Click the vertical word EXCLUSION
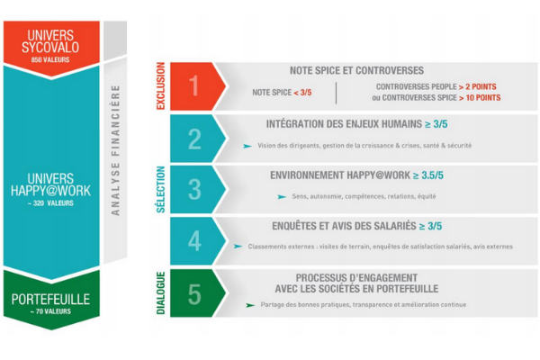161,86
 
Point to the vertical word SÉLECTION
161,190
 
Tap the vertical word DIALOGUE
161,293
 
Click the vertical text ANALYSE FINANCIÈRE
116,150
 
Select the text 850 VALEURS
50,60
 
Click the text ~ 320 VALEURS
50,203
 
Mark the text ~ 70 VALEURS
50,311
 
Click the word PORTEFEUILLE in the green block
50,300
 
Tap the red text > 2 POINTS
478,86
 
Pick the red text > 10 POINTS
480,98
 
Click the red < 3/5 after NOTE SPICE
302,93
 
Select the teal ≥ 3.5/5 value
428,175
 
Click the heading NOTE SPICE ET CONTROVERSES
356,70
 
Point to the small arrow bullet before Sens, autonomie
282,197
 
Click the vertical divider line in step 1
336,93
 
